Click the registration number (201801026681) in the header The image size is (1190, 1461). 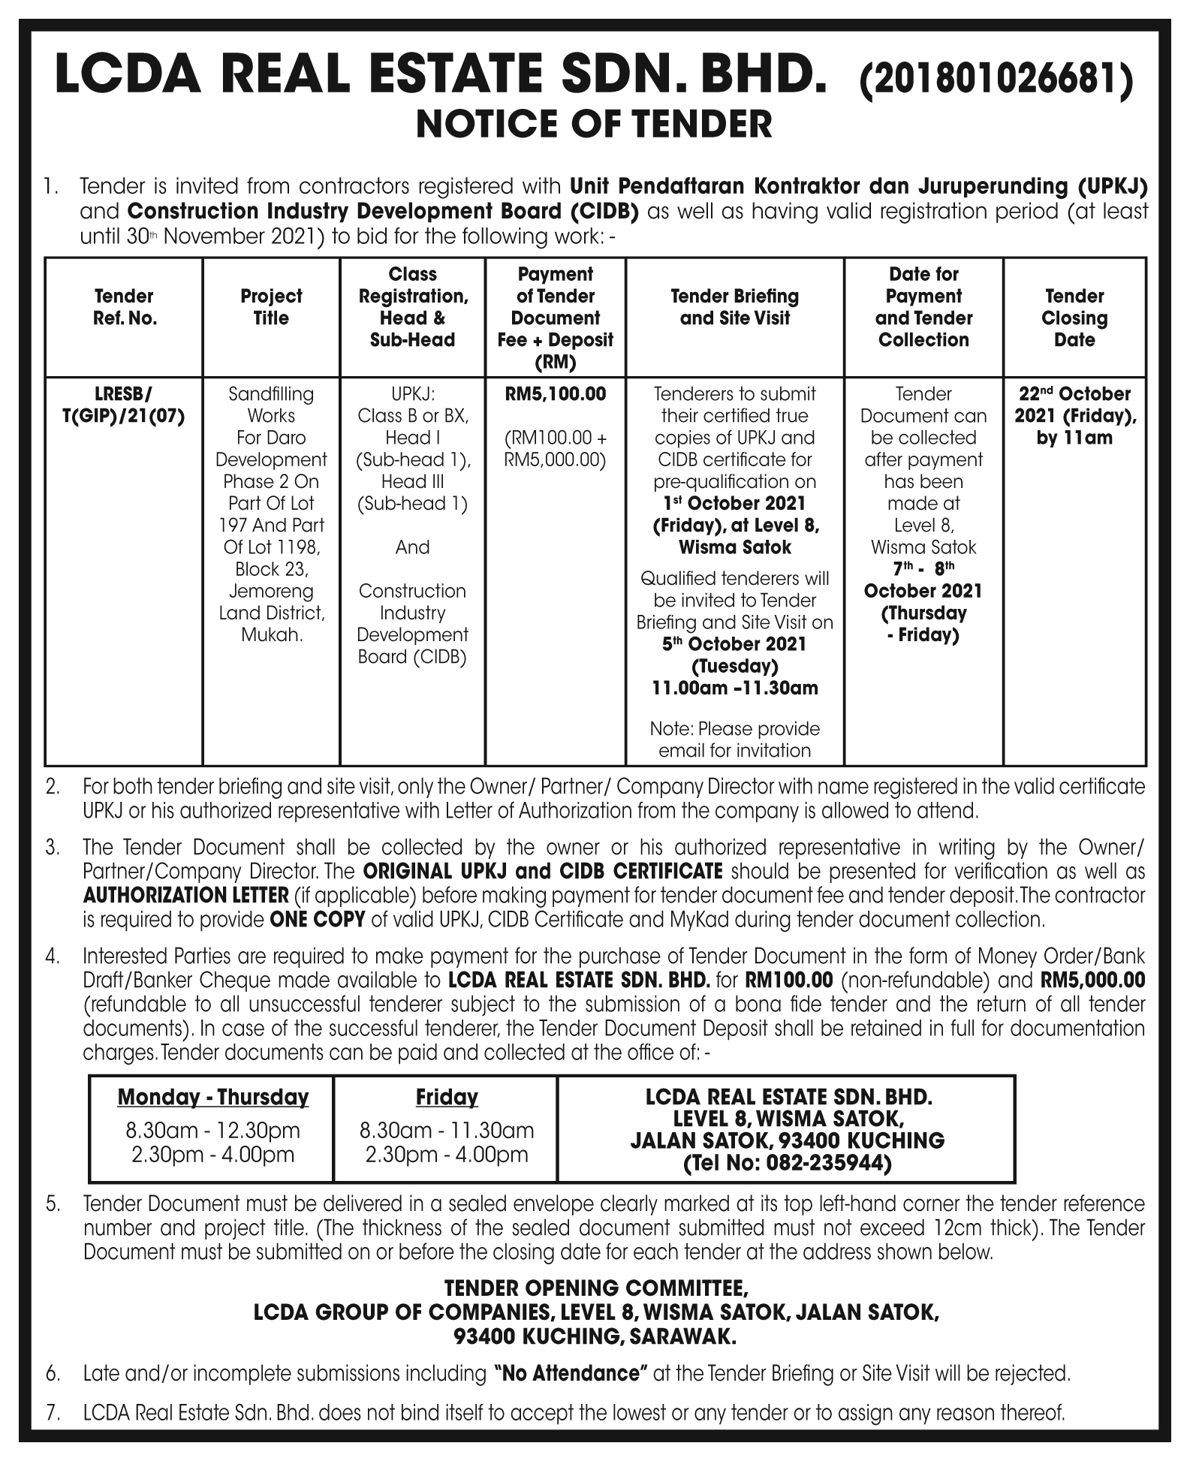tap(995, 80)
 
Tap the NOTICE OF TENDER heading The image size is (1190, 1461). tap(594, 125)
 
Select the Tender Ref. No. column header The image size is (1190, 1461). tap(125, 307)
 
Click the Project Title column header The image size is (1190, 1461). tap(271, 307)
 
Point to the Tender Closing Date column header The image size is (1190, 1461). tap(1074, 318)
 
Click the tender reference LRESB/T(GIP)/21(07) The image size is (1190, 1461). tap(125, 405)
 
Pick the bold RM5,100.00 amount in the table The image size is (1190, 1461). tap(556, 394)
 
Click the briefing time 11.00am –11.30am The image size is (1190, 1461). tap(735, 688)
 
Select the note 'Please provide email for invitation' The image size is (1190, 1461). tap(735, 740)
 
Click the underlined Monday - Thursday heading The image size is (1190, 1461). tap(212, 1098)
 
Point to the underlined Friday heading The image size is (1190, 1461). tap(447, 1098)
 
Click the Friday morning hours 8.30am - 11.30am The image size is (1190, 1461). tap(447, 1130)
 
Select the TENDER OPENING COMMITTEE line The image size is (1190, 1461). tap(595, 1289)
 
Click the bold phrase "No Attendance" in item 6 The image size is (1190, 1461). tap(571, 1374)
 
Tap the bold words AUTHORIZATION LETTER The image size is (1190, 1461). tap(186, 896)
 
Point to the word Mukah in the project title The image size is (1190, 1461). tap(271, 635)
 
